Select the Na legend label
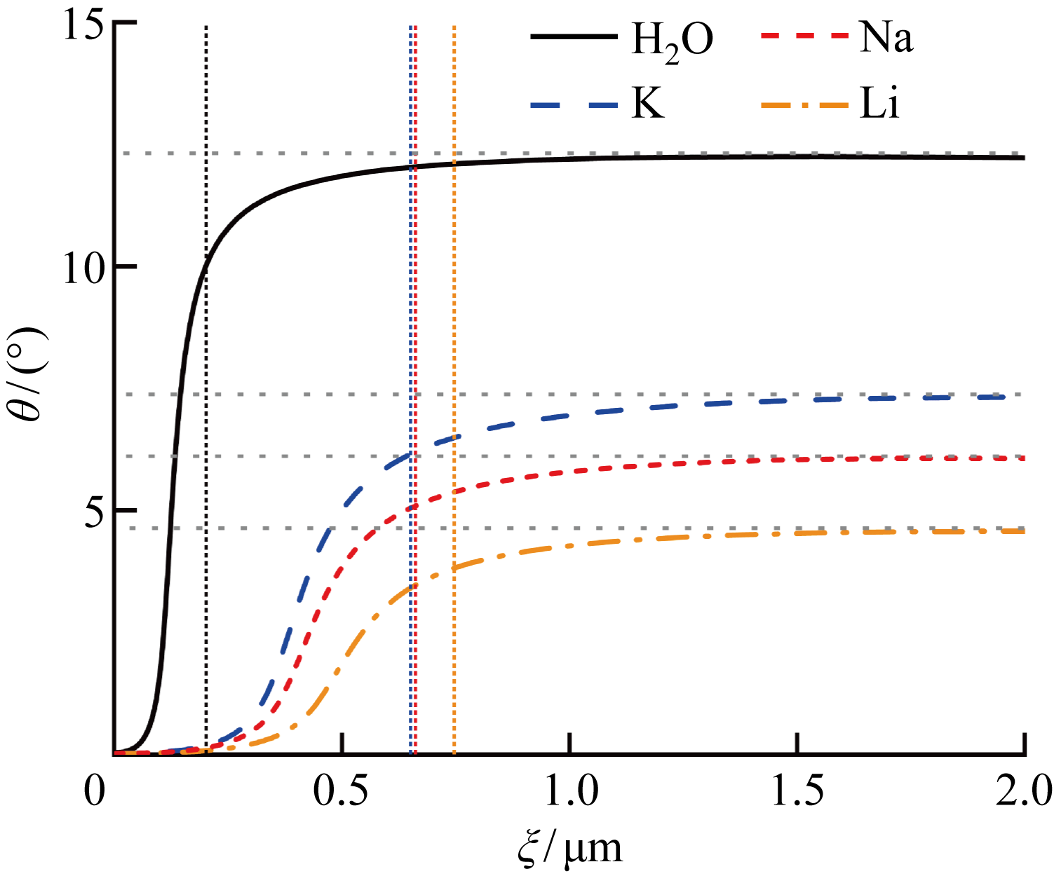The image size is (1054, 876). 886,37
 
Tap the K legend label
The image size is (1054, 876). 648,105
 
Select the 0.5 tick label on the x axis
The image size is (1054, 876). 342,790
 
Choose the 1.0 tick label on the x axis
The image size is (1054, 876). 569,790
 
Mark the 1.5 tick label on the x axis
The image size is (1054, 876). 797,790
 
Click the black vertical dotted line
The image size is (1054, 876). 206,350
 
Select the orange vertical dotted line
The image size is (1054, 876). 454,280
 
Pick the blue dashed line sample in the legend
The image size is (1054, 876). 574,105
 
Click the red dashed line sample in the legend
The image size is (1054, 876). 804,37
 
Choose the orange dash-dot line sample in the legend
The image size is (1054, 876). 804,105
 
